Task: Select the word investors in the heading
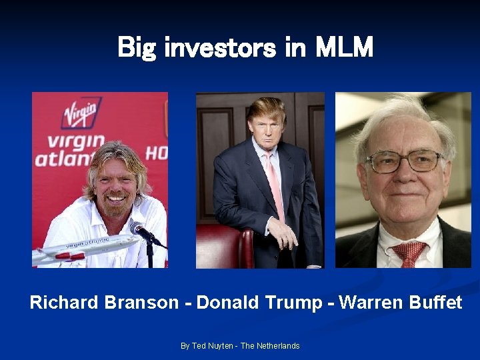point(227,47)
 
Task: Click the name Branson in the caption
point(141,303)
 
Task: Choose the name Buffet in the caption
point(435,303)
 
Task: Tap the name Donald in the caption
point(228,303)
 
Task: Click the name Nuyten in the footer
point(221,346)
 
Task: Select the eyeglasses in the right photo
point(404,161)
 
